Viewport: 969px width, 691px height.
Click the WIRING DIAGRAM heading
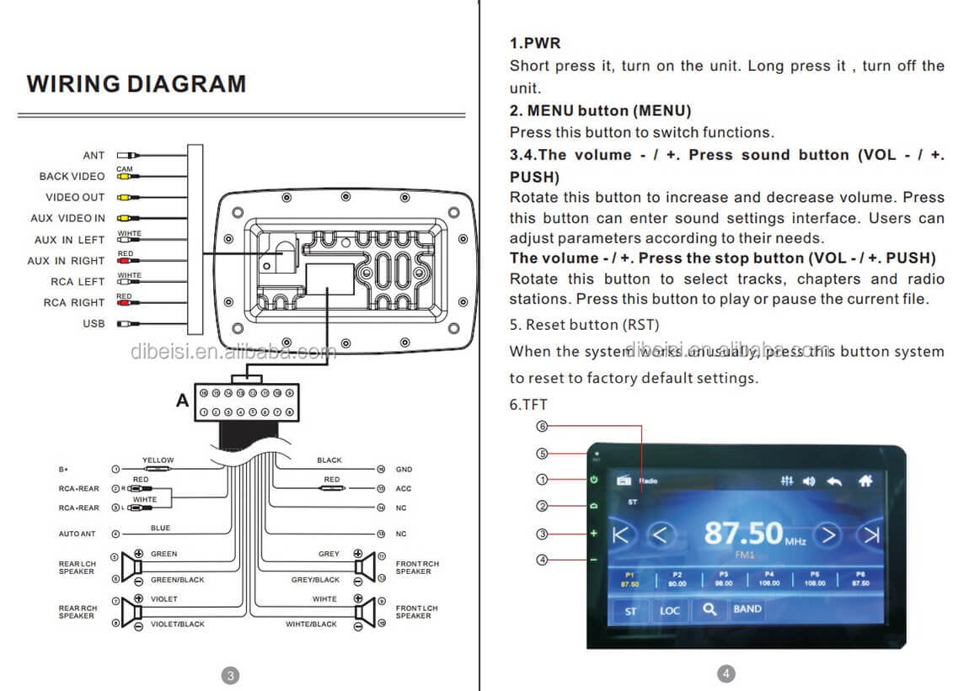137,84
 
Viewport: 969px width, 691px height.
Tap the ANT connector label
94,156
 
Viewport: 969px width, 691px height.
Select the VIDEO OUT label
75,197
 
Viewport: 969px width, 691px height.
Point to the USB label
94,323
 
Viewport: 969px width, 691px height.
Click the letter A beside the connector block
182,401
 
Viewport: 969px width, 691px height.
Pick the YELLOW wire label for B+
158,460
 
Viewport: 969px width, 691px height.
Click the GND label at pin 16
404,469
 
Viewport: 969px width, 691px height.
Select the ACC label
404,488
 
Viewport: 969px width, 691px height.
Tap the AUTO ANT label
77,534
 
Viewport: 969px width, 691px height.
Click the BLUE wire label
160,529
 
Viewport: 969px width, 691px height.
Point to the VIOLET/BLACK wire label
177,625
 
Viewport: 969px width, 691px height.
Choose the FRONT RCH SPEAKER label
417,567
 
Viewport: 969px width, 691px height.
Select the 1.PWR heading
535,43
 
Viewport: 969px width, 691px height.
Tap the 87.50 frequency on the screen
743,533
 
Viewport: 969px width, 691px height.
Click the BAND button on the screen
747,609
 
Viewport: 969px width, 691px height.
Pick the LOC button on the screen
670,610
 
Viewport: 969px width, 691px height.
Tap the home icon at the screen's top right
865,481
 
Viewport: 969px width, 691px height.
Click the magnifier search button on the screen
709,609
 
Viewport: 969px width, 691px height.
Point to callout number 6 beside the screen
542,427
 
